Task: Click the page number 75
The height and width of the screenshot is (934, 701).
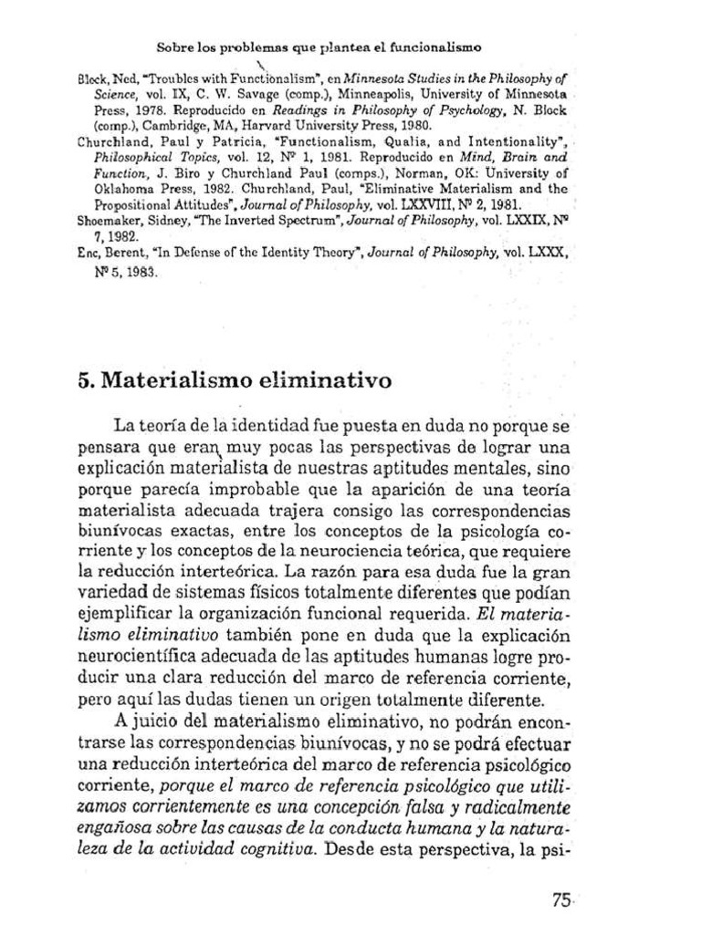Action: [560, 898]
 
